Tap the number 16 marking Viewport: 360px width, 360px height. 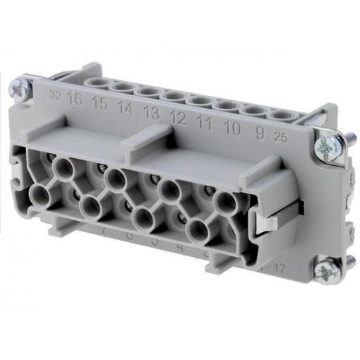pyautogui.click(x=74, y=97)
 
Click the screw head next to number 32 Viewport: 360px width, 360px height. pyautogui.click(x=18, y=90)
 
